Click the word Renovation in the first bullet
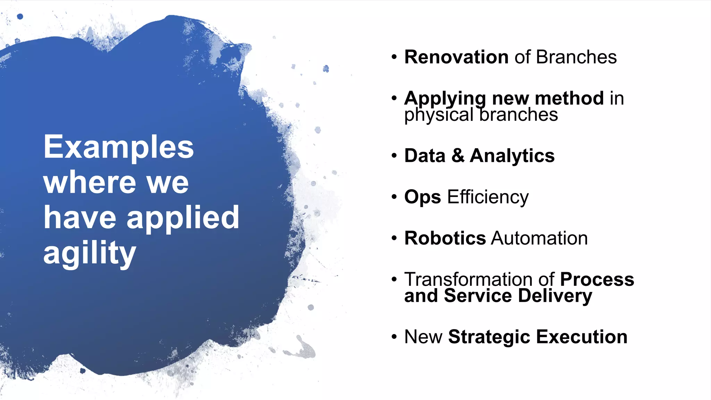pos(456,57)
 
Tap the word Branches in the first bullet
pos(576,57)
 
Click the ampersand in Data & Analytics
pos(458,156)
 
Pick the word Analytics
pos(512,156)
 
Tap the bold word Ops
pos(423,197)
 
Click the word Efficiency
pos(488,197)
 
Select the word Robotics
pos(445,238)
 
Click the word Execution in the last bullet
pos(582,337)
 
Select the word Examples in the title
pos(118,148)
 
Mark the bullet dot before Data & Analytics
pos(394,156)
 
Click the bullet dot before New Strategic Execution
pos(394,337)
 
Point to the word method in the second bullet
pos(569,98)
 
